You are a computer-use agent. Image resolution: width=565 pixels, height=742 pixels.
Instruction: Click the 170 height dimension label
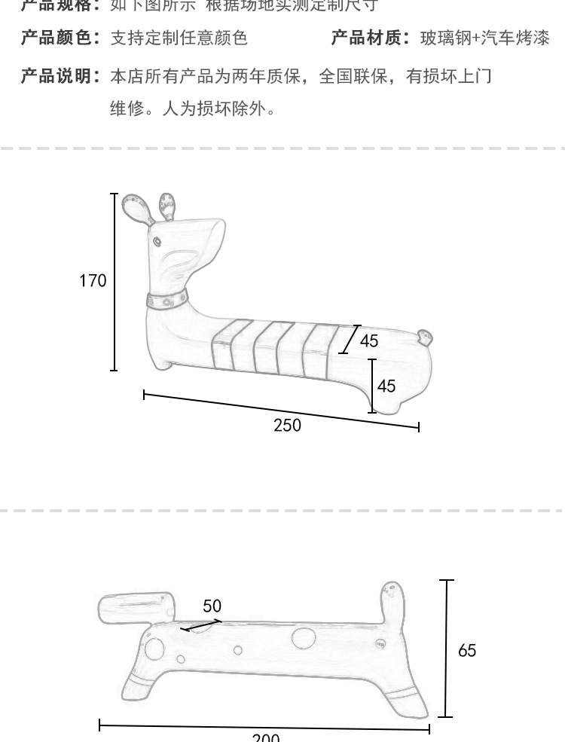click(93, 281)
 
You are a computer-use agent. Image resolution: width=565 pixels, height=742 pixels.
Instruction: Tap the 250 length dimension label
click(287, 426)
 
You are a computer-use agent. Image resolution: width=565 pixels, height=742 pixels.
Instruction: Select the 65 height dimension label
click(467, 650)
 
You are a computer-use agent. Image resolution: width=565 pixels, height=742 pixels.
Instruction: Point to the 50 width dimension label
click(212, 606)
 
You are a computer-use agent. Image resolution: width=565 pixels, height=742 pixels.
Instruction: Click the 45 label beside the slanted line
click(369, 340)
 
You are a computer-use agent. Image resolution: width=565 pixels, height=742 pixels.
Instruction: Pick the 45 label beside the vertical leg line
click(386, 386)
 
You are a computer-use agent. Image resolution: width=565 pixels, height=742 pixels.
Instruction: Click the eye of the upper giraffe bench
click(157, 242)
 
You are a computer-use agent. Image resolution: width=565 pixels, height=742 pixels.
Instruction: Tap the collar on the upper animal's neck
click(167, 301)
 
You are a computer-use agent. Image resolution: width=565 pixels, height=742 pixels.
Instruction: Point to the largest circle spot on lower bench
click(303, 637)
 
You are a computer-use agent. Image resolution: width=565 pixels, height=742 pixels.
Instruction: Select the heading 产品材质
click(371, 38)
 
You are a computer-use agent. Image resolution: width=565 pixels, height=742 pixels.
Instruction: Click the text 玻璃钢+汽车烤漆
click(485, 38)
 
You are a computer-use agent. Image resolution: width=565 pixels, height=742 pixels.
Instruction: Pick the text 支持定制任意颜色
click(179, 38)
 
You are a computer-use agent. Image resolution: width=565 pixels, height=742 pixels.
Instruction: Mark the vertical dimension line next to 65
click(447, 648)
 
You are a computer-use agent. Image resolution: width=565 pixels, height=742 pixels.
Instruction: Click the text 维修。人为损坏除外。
click(193, 108)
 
